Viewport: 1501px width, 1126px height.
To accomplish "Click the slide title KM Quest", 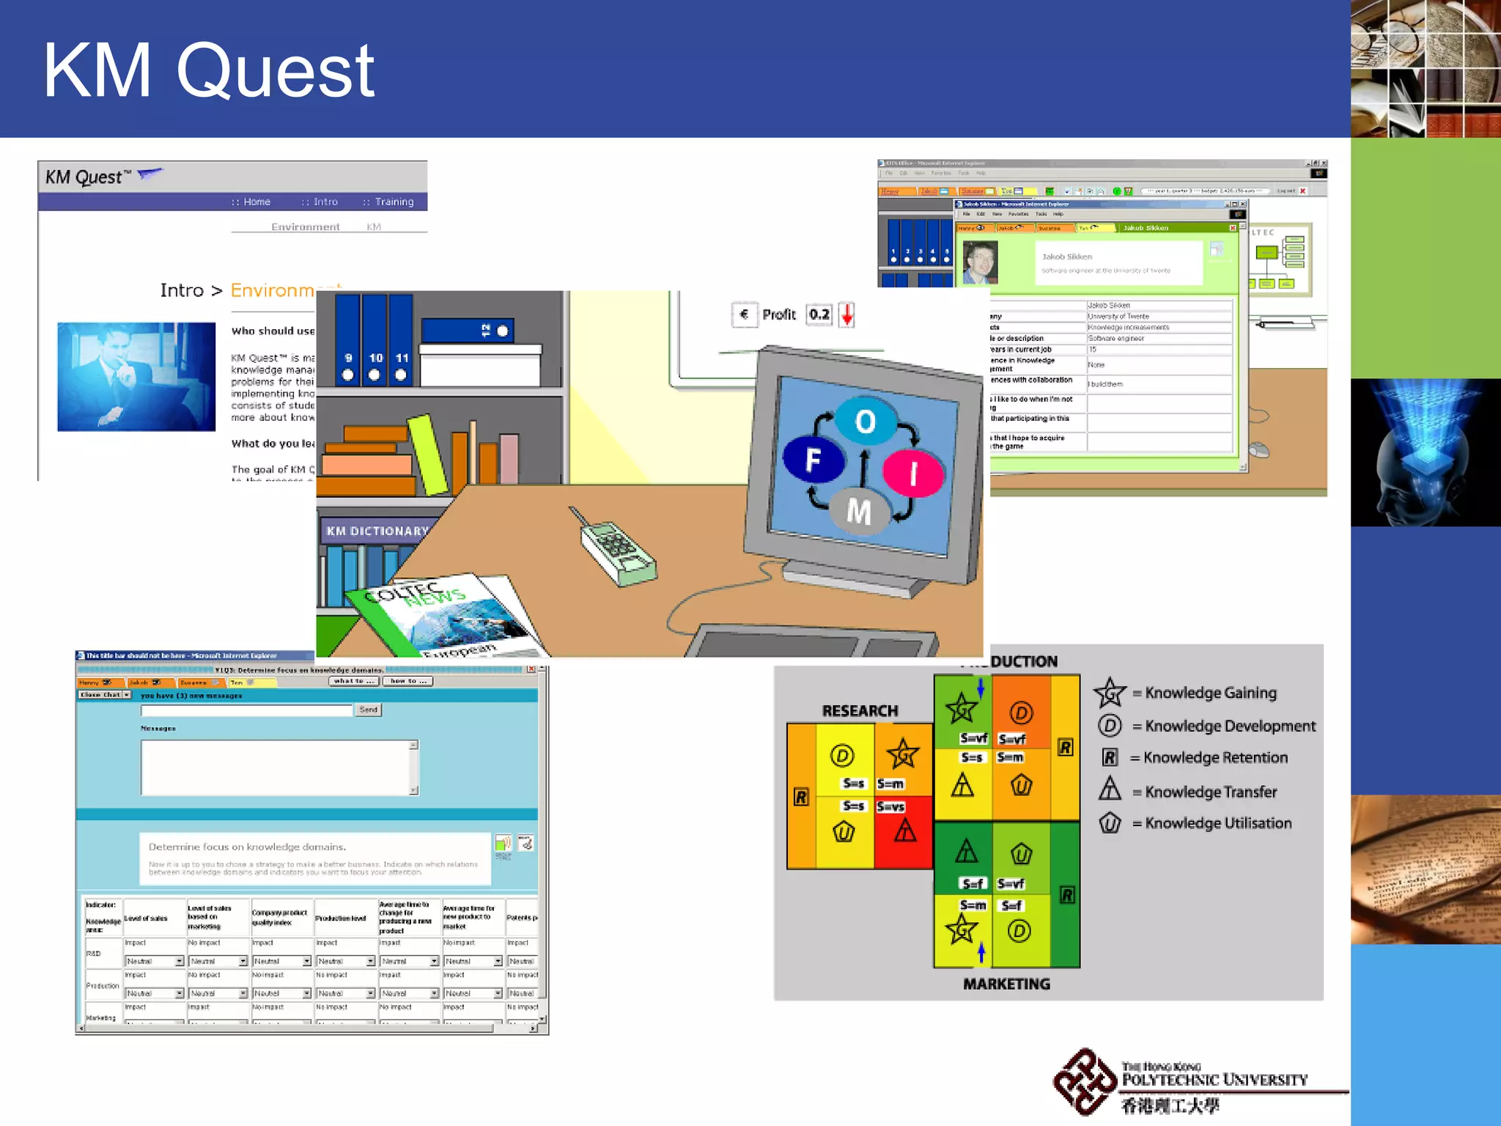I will [209, 70].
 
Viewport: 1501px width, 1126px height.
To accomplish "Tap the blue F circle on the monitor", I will [814, 459].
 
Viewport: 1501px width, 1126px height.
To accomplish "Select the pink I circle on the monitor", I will [913, 474].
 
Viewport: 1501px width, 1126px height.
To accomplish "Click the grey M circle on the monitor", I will [859, 512].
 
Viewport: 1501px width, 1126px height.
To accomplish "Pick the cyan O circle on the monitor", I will [865, 421].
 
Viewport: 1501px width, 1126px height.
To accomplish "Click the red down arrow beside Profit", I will [847, 315].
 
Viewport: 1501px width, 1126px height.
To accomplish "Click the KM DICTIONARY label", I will [377, 531].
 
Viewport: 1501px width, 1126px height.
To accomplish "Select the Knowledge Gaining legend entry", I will [1209, 693].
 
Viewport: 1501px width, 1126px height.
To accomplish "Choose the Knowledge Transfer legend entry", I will [1209, 792].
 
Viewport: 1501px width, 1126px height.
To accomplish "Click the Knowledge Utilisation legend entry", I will [1217, 823].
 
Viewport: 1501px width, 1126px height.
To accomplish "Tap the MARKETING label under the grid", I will [1006, 984].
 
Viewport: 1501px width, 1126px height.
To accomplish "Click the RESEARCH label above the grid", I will [860, 710].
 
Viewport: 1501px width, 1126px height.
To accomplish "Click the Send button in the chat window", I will [369, 710].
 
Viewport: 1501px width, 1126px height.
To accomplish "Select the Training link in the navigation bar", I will [394, 202].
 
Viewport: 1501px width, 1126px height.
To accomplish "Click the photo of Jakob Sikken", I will [980, 262].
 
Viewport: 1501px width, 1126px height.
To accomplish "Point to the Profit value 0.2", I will [819, 314].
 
